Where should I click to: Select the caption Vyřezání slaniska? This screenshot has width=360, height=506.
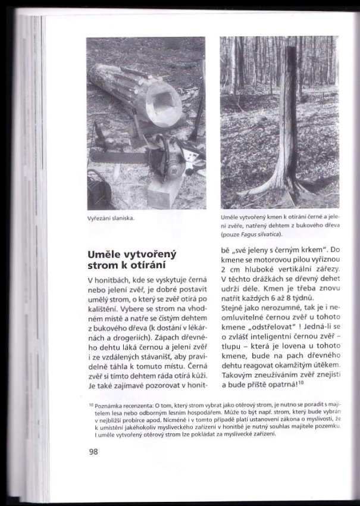coord(111,218)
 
